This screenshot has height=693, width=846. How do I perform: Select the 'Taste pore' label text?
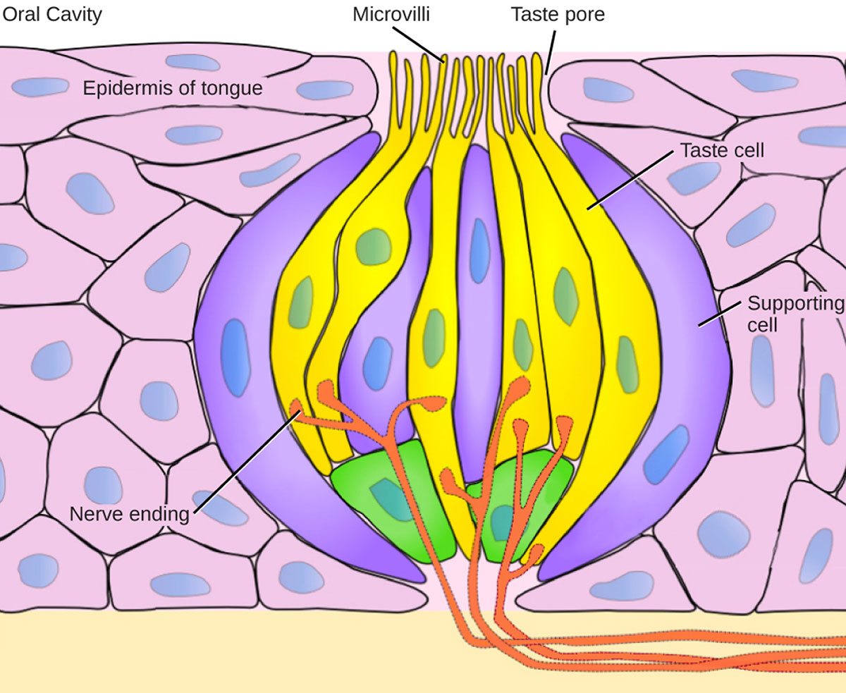(x=558, y=14)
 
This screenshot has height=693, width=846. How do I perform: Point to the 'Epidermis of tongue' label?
(x=173, y=88)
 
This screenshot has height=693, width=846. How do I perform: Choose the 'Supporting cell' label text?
(x=795, y=314)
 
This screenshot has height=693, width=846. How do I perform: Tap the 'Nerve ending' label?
(x=130, y=513)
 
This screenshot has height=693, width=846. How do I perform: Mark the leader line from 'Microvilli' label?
(x=417, y=42)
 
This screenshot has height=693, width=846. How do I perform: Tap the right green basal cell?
(x=522, y=504)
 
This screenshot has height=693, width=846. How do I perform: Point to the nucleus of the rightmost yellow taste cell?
(x=626, y=360)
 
